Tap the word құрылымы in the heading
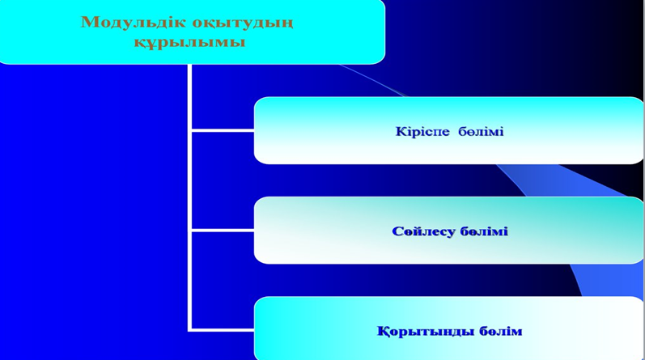pyautogui.click(x=189, y=42)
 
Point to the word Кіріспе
pyautogui.click(x=422, y=132)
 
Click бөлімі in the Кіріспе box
pyautogui.click(x=481, y=132)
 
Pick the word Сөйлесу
pyautogui.click(x=423, y=231)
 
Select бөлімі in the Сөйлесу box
pyautogui.click(x=484, y=231)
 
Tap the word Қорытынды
pyautogui.click(x=418, y=332)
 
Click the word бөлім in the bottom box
pyautogui.click(x=494, y=331)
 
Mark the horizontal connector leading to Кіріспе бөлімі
pyautogui.click(x=223, y=130)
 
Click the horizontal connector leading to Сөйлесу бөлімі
pyautogui.click(x=223, y=231)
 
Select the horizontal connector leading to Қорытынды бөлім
pyautogui.click(x=223, y=330)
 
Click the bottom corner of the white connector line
pyautogui.click(x=189, y=330)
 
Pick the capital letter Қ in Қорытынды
pyautogui.click(x=383, y=332)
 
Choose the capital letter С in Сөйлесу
pyautogui.click(x=397, y=231)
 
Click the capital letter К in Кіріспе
pyautogui.click(x=401, y=132)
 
